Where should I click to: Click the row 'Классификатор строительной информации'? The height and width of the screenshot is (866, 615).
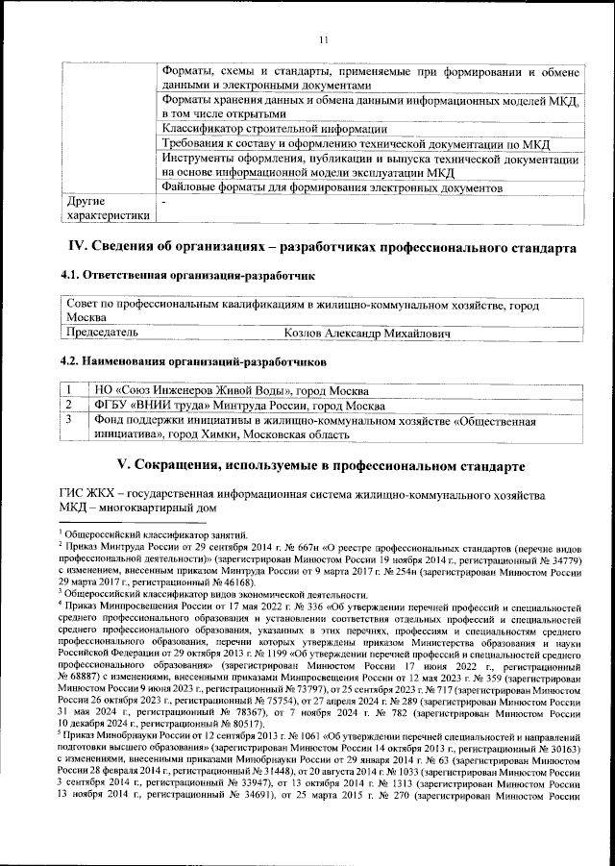(275, 129)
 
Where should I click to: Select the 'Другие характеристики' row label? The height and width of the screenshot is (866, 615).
(106, 210)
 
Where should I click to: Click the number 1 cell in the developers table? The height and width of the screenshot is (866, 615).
(71, 390)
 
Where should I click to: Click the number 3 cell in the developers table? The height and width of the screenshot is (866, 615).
(71, 420)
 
